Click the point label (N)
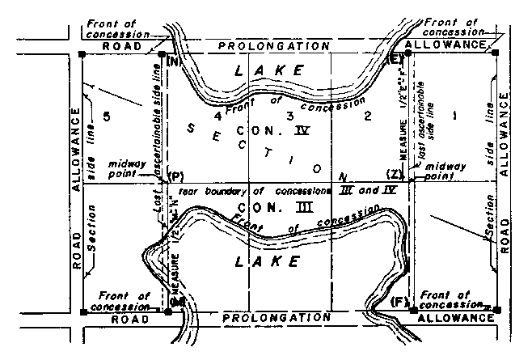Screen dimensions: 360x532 [x=174, y=61]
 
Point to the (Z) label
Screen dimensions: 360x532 [x=395, y=175]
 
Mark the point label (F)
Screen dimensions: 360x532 [x=398, y=301]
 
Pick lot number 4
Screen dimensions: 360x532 [x=217, y=116]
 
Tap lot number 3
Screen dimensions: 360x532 [x=289, y=116]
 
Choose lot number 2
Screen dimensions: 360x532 [x=368, y=117]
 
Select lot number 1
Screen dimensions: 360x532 [x=454, y=116]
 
